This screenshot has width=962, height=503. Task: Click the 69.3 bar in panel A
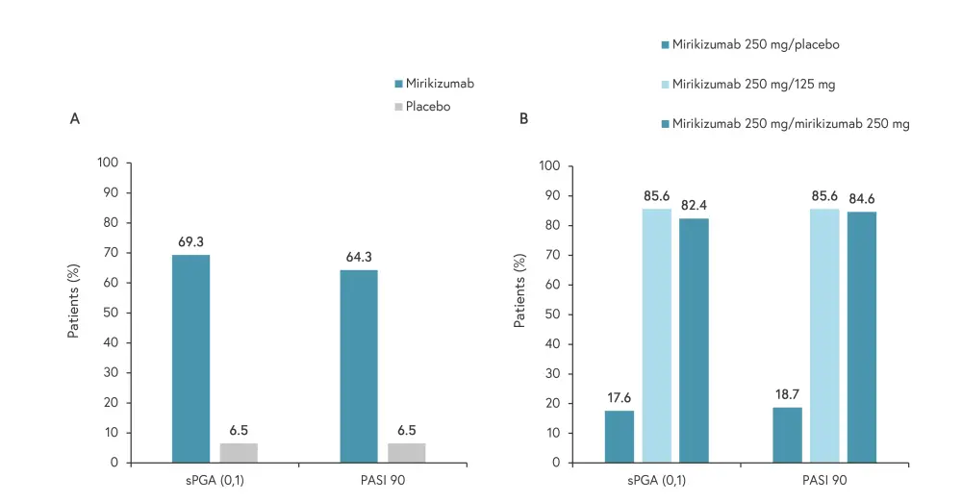(190, 359)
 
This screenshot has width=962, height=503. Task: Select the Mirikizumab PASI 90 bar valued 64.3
(359, 366)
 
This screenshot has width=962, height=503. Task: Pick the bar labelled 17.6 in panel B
(620, 437)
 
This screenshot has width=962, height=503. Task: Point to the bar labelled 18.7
(787, 435)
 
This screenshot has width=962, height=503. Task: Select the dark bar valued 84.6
(861, 337)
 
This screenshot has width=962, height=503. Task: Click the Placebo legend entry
(427, 107)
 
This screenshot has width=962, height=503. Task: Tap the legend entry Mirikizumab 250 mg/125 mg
(753, 85)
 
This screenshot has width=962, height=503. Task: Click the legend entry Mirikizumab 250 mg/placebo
(751, 44)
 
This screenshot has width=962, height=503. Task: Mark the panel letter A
(74, 118)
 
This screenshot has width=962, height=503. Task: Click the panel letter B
(523, 118)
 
